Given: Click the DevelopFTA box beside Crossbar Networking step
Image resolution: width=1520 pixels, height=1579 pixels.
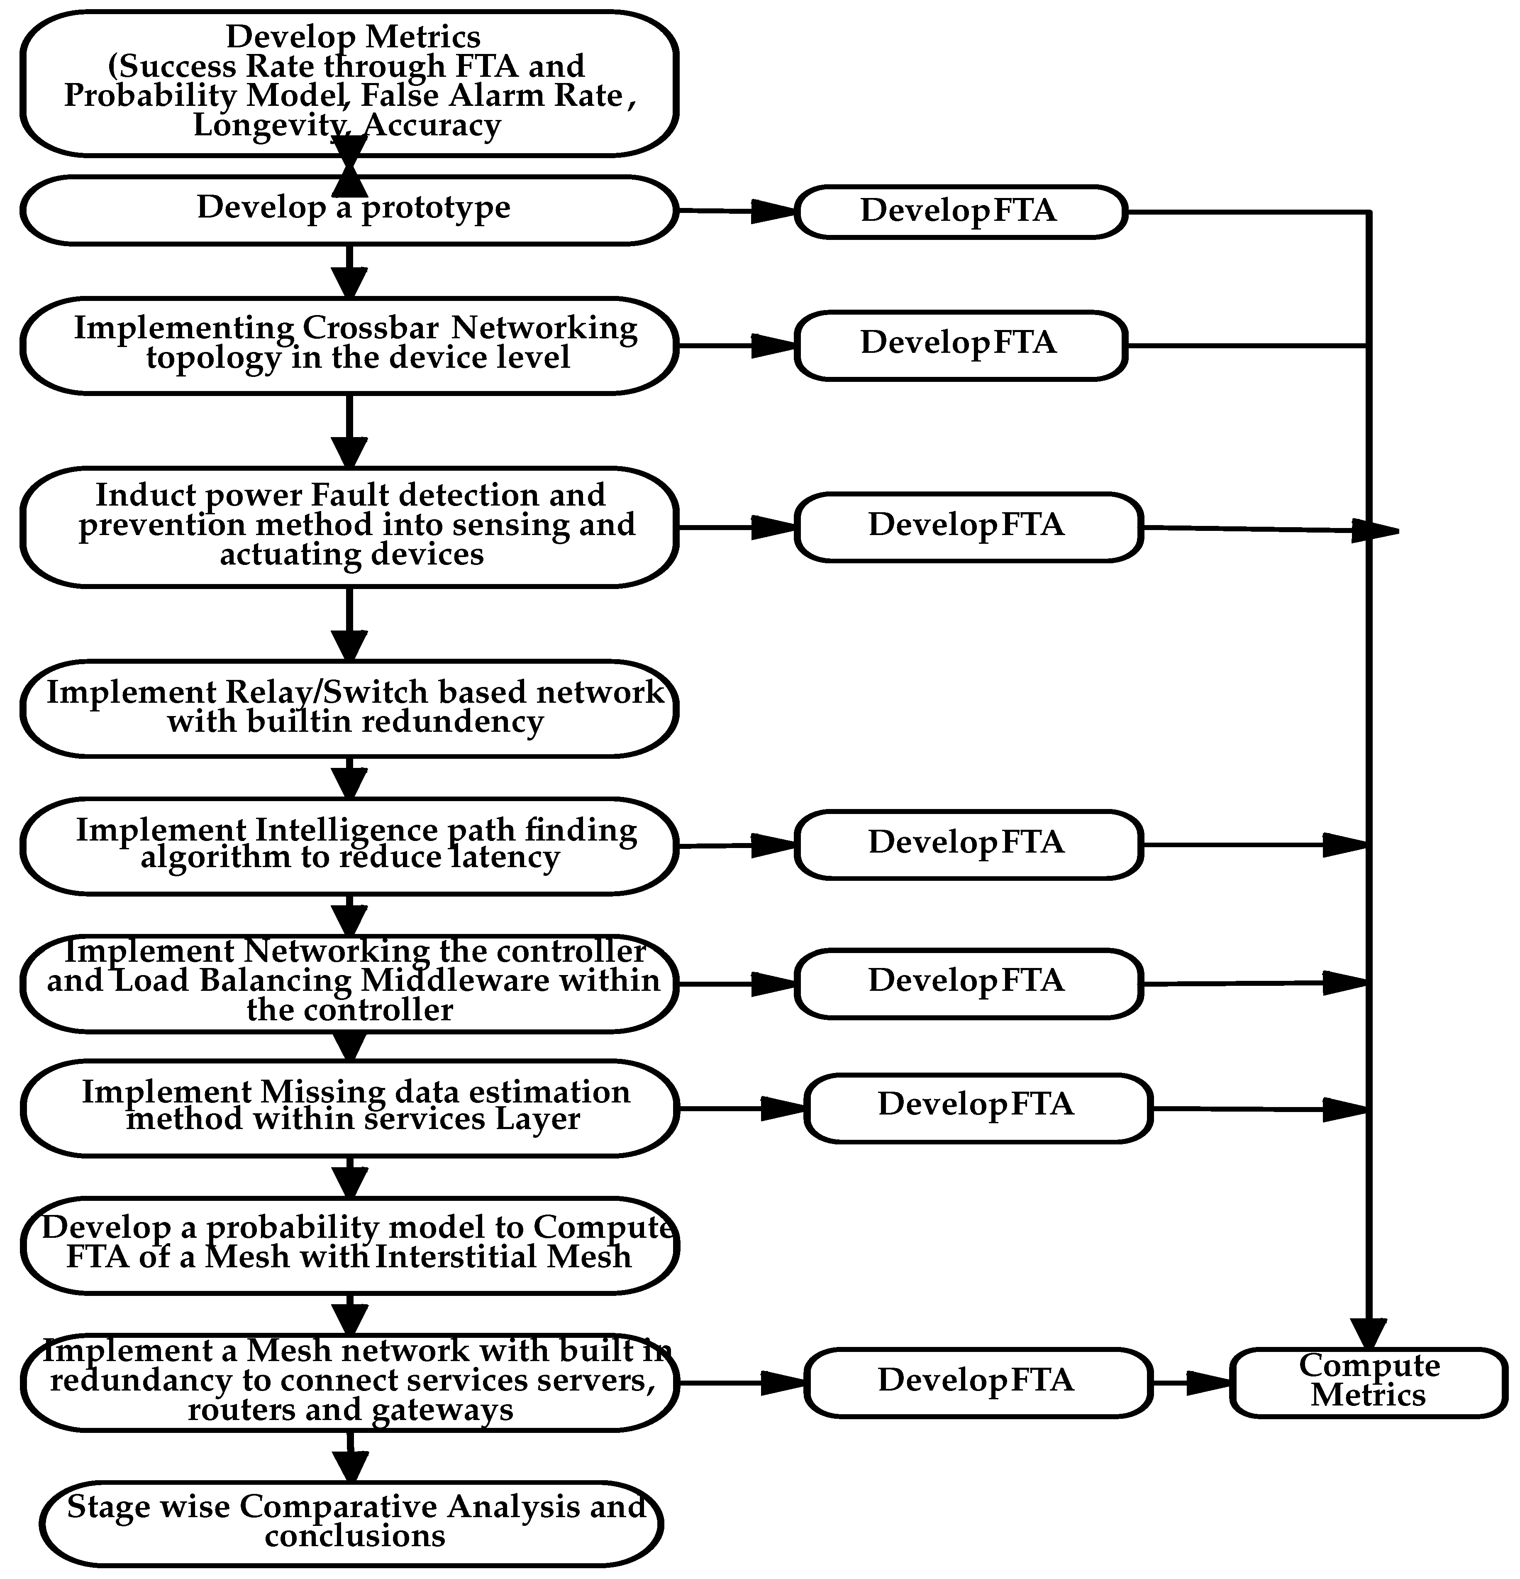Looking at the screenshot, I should pos(959,345).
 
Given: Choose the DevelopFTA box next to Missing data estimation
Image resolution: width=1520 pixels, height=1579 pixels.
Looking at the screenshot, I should pos(977,1107).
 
